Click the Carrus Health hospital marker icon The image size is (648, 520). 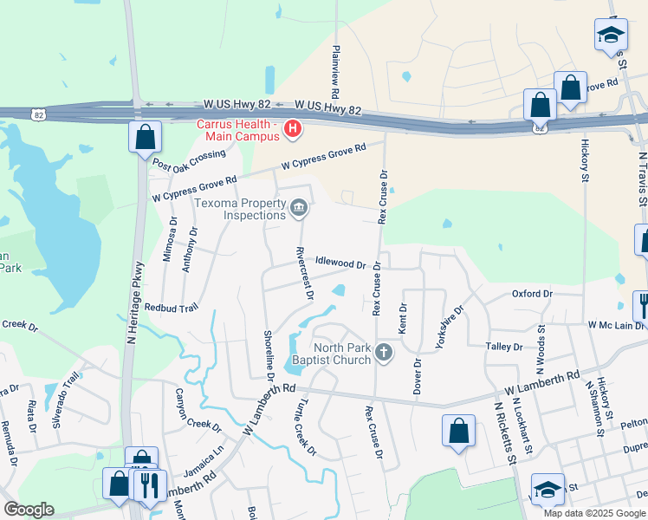coord(293,130)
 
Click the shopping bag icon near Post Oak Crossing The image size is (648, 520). coord(144,137)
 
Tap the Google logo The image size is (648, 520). coord(29,510)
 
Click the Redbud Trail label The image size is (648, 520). coord(172,308)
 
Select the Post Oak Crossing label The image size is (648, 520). coord(188,159)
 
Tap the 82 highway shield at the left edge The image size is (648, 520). coord(37,114)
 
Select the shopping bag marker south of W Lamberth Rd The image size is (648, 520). coord(458,431)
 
